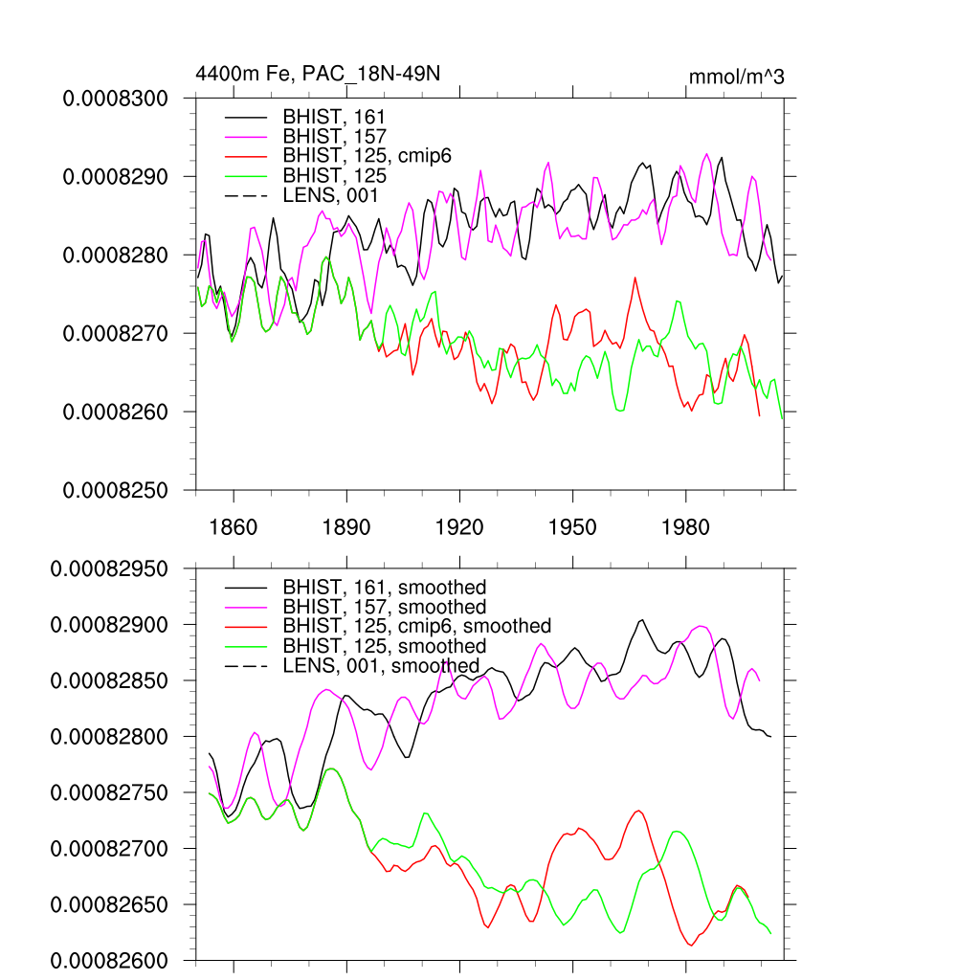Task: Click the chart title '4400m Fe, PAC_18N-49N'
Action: [317, 74]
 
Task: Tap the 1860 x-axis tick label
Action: [234, 528]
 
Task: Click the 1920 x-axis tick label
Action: [459, 528]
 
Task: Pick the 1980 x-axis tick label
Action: [686, 528]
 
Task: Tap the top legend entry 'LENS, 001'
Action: [331, 196]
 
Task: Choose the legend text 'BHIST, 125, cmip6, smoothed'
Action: [416, 626]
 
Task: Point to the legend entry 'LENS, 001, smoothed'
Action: [381, 665]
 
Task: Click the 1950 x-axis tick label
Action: [572, 528]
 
